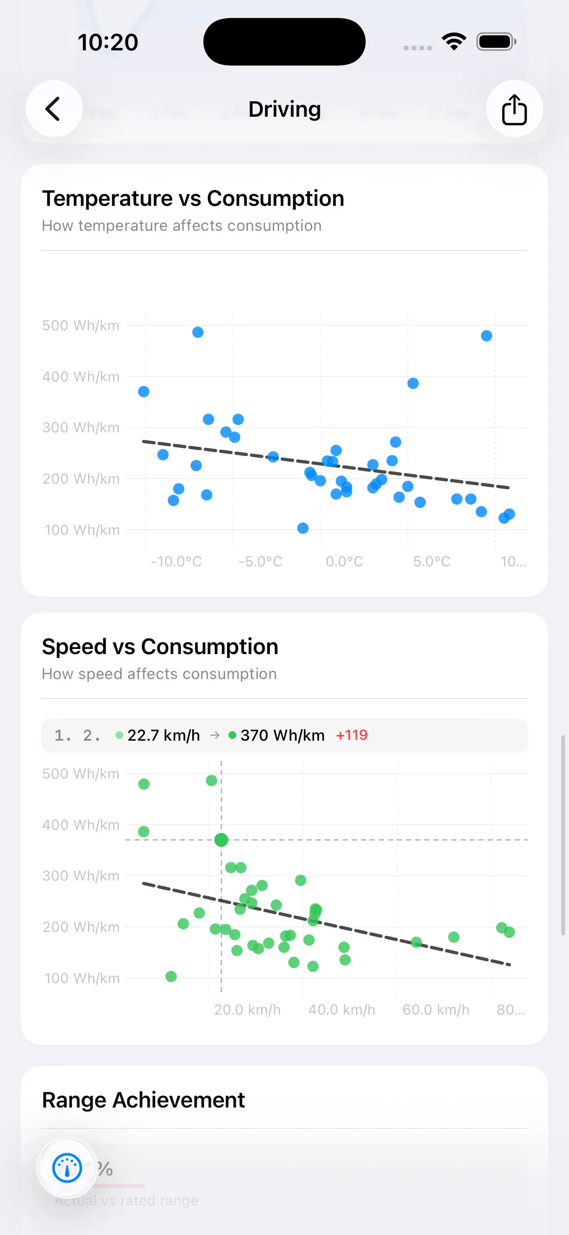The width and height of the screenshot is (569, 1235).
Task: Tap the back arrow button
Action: coord(54,109)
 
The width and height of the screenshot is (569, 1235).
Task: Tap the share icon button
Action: coord(514,109)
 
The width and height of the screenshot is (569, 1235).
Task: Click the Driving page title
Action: coord(284,109)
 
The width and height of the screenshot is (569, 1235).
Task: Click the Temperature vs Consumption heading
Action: coord(193,199)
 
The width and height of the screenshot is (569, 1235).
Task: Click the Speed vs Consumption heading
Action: coord(160,647)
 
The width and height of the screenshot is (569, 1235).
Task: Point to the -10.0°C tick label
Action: coord(176,562)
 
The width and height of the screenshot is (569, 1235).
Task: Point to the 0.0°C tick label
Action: coord(344,562)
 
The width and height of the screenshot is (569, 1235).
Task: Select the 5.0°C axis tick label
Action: coord(432,562)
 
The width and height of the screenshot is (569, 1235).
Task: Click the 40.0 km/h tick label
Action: coord(341,1010)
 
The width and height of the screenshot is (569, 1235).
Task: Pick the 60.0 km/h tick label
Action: coord(436,1010)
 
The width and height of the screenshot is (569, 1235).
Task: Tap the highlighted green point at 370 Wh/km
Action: coord(221,839)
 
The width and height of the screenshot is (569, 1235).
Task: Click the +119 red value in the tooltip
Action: coord(352,735)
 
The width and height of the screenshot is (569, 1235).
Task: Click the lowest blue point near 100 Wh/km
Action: coord(303,528)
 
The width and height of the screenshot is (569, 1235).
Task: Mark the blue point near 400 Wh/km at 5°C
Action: coord(413,384)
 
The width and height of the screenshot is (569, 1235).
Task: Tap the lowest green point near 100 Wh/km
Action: coord(171,977)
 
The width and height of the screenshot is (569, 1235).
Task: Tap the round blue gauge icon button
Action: coord(67,1168)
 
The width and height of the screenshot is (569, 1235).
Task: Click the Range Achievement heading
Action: coord(143,1100)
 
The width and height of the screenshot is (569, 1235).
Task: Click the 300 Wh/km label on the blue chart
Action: coord(81,428)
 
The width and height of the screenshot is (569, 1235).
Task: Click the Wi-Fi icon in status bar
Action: coord(454,42)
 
